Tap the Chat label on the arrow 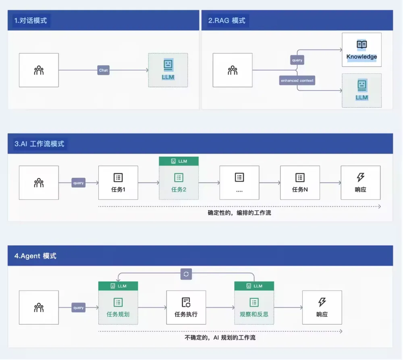coord(103,71)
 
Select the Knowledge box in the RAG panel coord(361,50)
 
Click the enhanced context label coord(297,81)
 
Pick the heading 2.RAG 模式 coord(227,21)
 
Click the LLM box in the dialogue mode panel coord(168,70)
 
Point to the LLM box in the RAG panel coord(361,90)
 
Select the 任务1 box coord(118,183)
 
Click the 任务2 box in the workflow coord(179,183)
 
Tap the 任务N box coord(300,183)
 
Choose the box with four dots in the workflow coord(239,183)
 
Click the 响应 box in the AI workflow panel coord(361,183)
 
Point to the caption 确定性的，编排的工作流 coord(239,213)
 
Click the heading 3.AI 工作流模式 coord(39,144)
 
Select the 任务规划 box coord(118,307)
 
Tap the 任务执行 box coord(186,307)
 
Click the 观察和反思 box coord(254,307)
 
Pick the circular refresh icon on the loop coord(186,274)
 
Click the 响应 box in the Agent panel coord(322,307)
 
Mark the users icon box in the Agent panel coord(39,307)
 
